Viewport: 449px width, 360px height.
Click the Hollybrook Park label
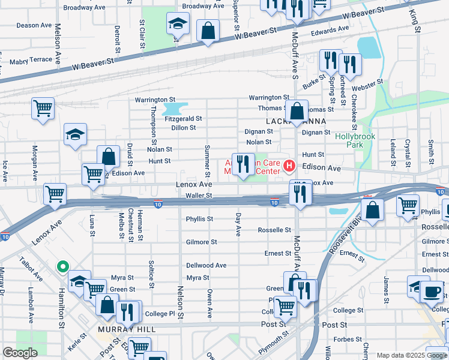pos(355,140)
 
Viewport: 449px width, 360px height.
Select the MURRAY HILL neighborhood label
pos(126,330)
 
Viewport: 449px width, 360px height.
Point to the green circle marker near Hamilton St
pos(61,267)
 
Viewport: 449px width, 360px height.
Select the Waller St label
pos(199,196)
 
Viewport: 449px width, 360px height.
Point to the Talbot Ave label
pos(35,272)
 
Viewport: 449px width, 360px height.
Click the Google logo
pos(20,353)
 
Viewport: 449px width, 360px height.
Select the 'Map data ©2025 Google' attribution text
pos(412,355)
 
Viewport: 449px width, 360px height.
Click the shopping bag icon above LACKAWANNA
pos(297,110)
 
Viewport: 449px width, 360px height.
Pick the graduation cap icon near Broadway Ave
pos(177,24)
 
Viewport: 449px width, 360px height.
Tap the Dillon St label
pos(184,128)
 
